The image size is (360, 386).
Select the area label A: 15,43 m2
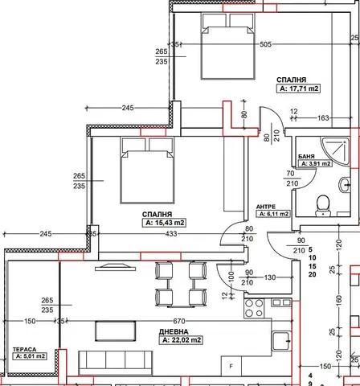(165, 223)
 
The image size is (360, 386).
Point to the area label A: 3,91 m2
(314, 163)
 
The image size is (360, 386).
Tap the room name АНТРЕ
(266, 206)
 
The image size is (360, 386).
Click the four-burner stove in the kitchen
(255, 308)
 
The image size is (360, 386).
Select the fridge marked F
(231, 366)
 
